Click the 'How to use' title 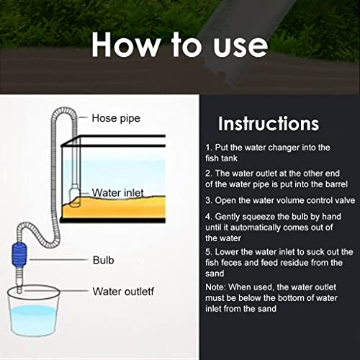pyautogui.click(x=180, y=45)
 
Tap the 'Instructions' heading pyautogui.click(x=269, y=123)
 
